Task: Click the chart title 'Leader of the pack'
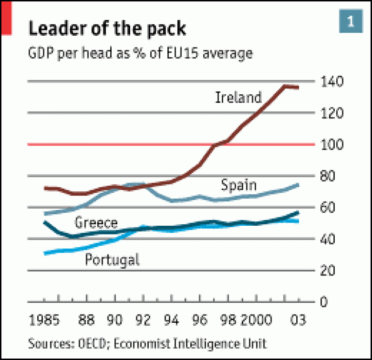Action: click(x=107, y=29)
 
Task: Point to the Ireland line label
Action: click(x=239, y=98)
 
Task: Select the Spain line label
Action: click(x=239, y=185)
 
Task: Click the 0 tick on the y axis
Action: click(x=331, y=302)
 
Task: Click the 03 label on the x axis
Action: click(x=297, y=321)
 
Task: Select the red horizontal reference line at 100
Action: click(x=116, y=144)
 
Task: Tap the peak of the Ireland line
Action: click(x=286, y=86)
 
